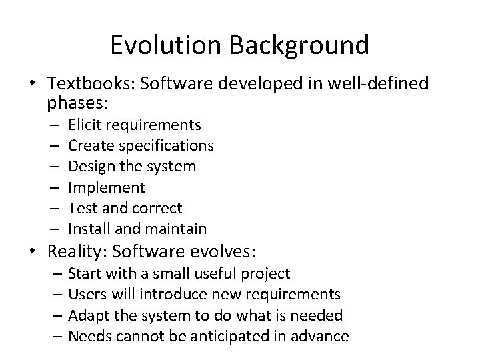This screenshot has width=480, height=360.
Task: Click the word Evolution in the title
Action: click(x=169, y=45)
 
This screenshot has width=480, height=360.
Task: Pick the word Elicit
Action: click(x=84, y=125)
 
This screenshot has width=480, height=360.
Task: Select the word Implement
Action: click(x=106, y=187)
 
